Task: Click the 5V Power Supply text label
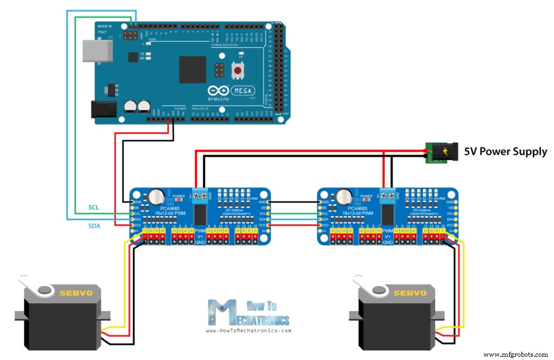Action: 505,152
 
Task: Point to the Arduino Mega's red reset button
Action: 237,70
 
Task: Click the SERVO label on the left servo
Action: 76,293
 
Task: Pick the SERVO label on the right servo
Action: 409,293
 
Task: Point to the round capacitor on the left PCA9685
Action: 157,196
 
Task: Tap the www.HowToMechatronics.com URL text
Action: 248,331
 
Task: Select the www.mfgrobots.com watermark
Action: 515,355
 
